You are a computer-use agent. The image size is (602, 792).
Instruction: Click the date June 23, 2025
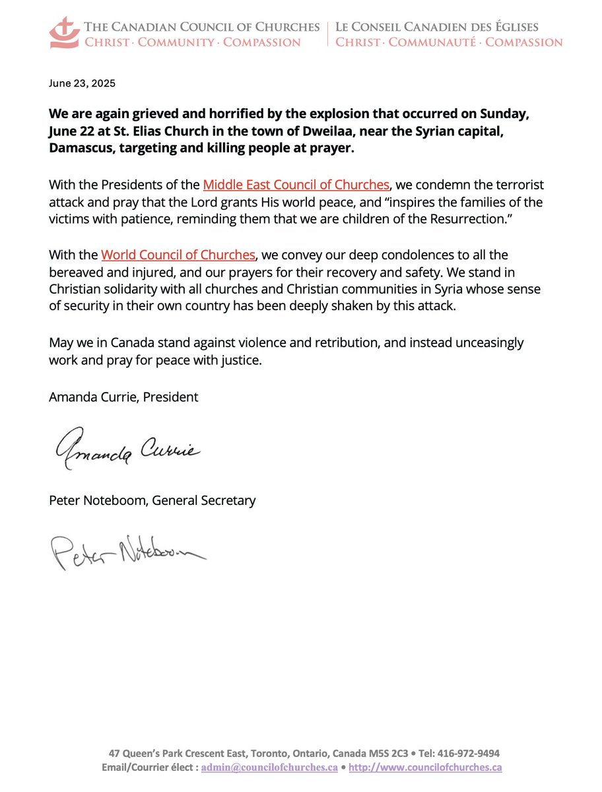[x=82, y=84]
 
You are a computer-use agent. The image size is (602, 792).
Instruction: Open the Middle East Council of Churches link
[x=296, y=185]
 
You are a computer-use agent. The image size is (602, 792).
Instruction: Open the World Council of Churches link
[x=178, y=254]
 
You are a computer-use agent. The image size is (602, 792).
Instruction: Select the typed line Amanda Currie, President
[x=123, y=397]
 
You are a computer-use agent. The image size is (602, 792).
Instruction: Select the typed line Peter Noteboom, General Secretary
[x=152, y=500]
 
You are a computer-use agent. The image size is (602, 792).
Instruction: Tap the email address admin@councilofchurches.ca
[x=269, y=768]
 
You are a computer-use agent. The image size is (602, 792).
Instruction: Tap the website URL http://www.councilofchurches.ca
[x=425, y=768]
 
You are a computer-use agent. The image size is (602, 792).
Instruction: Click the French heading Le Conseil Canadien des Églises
[x=437, y=27]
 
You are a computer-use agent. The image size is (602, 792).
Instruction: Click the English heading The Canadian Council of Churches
[x=201, y=27]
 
